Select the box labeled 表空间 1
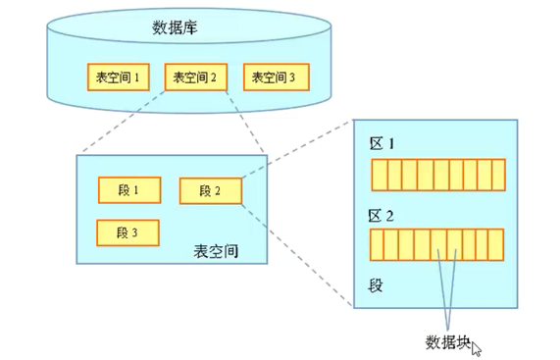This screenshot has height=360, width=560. (117, 77)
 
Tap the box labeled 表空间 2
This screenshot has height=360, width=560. (194, 77)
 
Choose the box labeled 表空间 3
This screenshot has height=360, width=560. (276, 77)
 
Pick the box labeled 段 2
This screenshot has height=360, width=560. (210, 190)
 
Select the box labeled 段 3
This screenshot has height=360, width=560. (128, 232)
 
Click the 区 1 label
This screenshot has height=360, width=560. (382, 144)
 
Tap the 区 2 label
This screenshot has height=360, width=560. (382, 213)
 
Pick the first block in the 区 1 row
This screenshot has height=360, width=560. (377, 175)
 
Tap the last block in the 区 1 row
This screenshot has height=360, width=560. (497, 175)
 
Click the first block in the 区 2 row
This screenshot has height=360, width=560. (377, 243)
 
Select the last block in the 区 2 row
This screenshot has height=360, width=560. (497, 243)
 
